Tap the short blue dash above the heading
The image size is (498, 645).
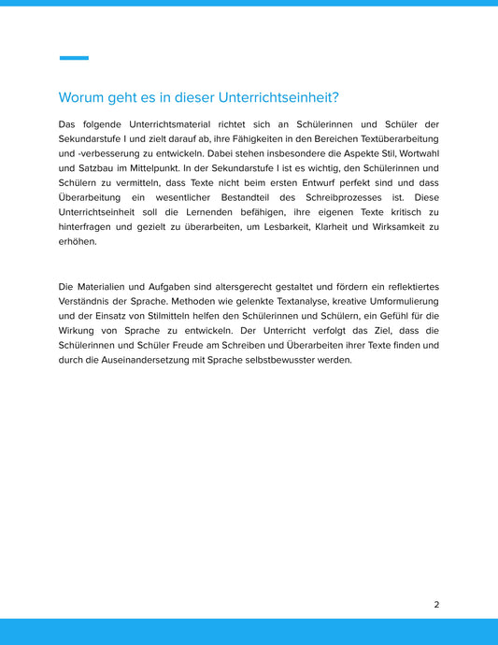coord(74,58)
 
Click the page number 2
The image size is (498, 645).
coord(436,604)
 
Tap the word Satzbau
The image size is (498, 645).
coord(95,168)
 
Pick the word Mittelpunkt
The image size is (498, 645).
coord(166,168)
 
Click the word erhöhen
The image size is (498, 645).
coord(76,242)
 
